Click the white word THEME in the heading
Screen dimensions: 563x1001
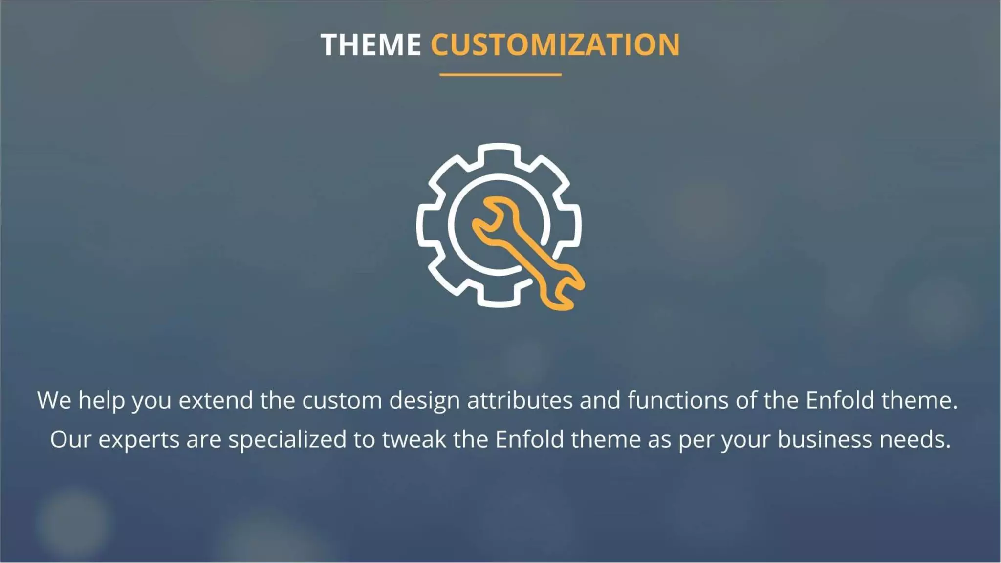pyautogui.click(x=370, y=45)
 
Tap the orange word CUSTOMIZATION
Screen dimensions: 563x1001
pyautogui.click(x=555, y=45)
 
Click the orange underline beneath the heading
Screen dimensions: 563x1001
pyautogui.click(x=500, y=75)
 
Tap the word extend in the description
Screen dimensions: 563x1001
pyautogui.click(x=216, y=400)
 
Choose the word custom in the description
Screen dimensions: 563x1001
pyautogui.click(x=342, y=400)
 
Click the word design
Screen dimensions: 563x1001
pyautogui.click(x=424, y=401)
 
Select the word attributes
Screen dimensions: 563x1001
pyautogui.click(x=520, y=400)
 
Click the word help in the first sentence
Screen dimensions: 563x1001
pyautogui.click(x=101, y=400)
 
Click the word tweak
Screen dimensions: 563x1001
pyautogui.click(x=413, y=439)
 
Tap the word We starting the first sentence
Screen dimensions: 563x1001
pyautogui.click(x=54, y=400)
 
